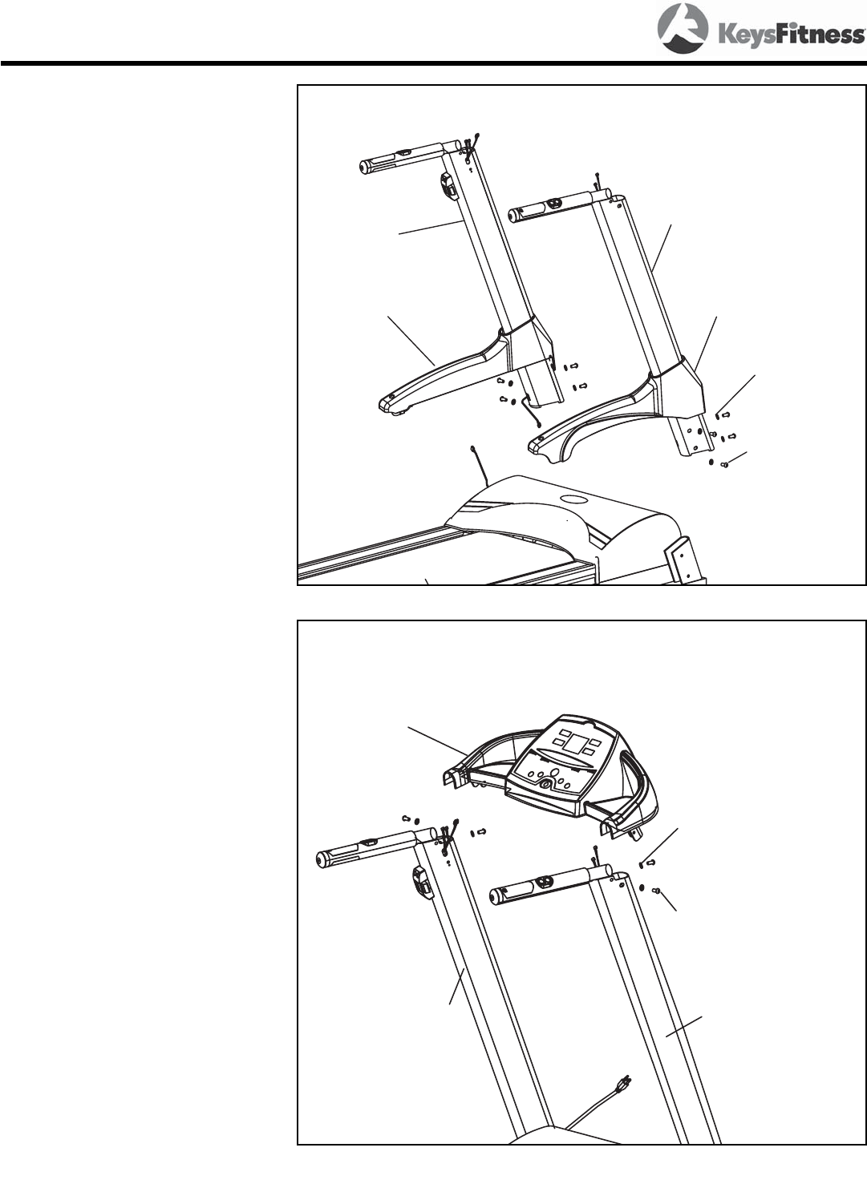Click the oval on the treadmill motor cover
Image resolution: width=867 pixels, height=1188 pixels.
pos(574,499)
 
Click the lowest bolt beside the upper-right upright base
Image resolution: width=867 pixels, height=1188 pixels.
pos(725,463)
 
